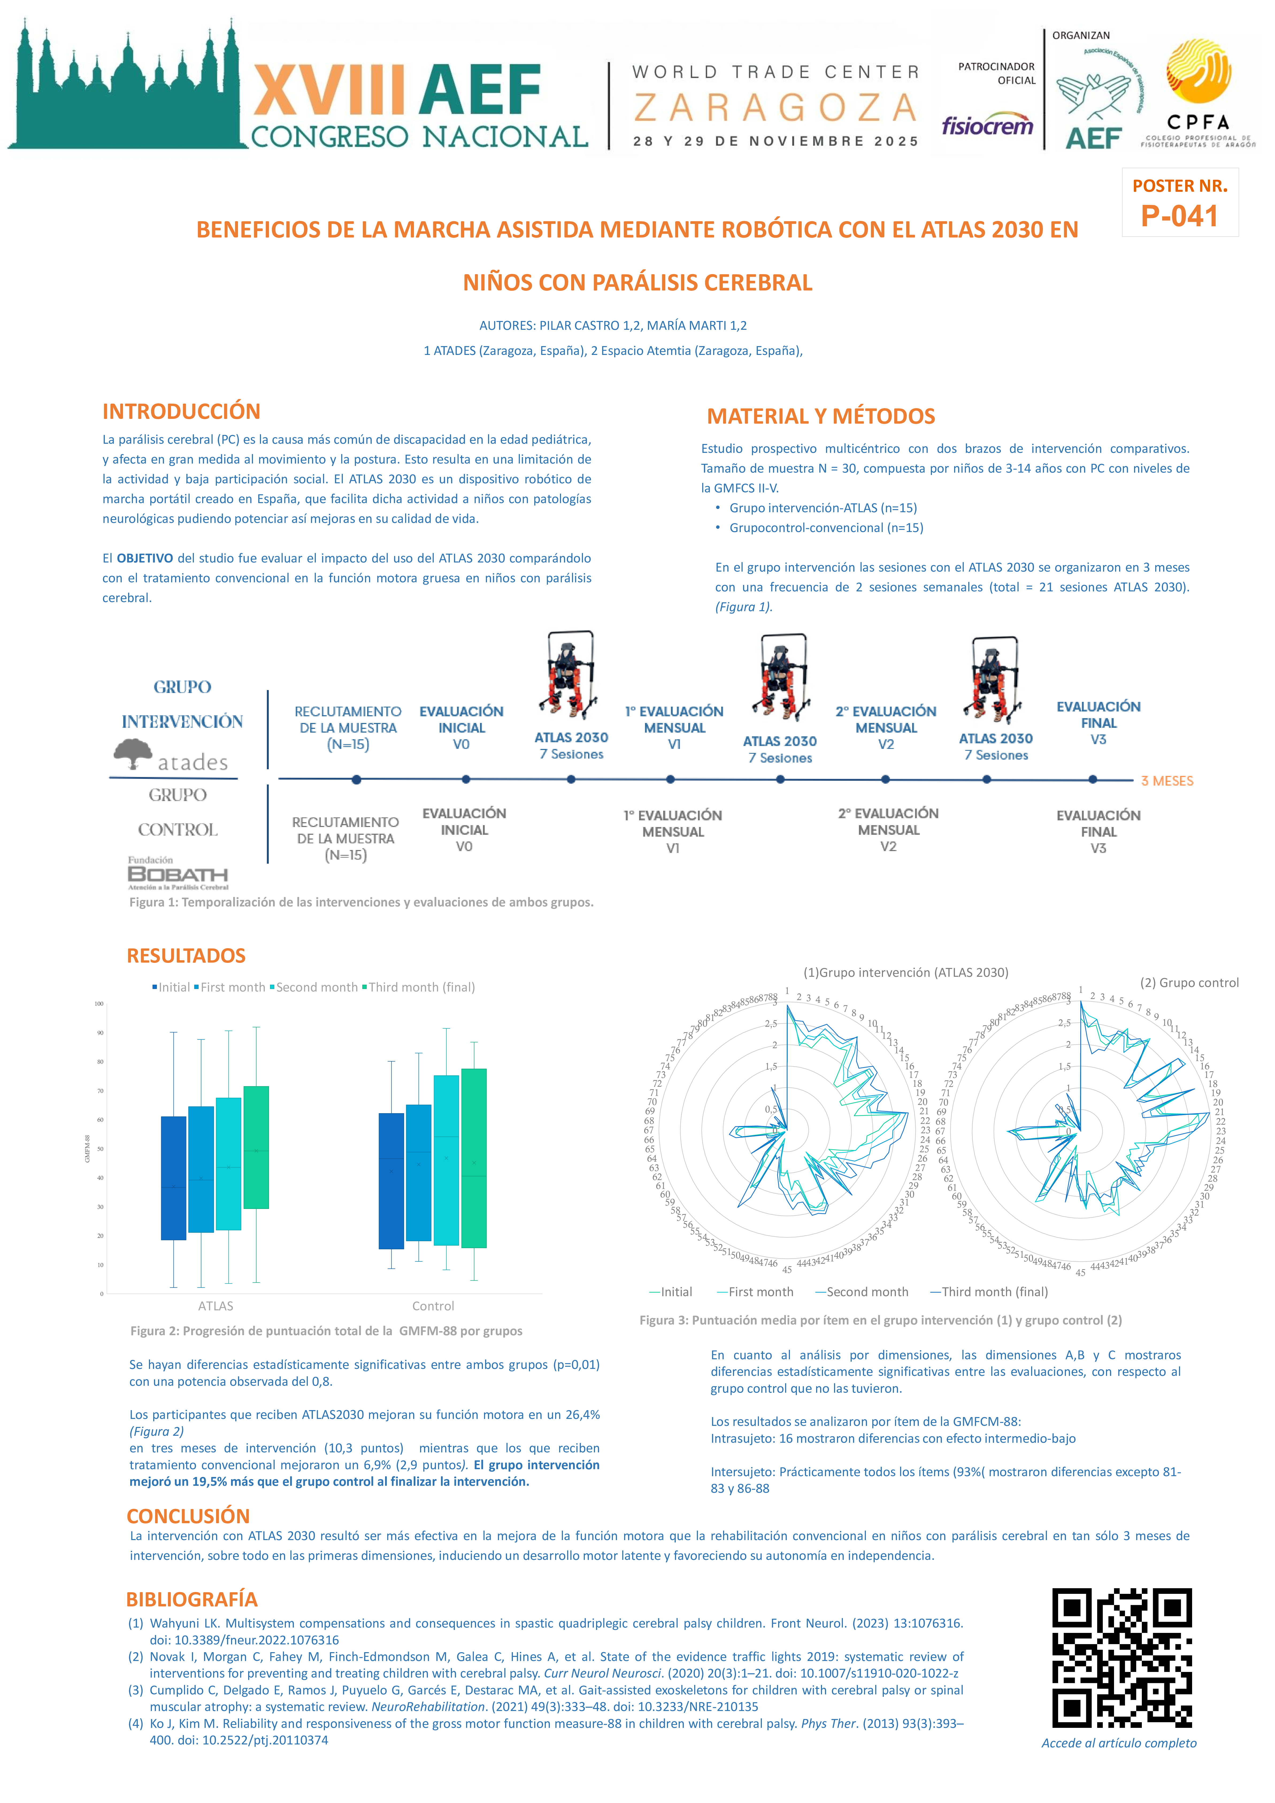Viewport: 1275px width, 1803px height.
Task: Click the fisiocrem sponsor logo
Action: tap(987, 126)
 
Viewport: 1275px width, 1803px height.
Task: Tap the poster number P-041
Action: tap(1179, 216)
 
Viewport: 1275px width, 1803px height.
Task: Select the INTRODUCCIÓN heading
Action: tap(181, 411)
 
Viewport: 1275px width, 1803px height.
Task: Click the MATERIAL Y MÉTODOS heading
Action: tap(820, 416)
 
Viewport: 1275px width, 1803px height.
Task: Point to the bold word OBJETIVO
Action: tap(144, 558)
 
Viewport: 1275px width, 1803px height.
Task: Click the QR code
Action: tap(1122, 1657)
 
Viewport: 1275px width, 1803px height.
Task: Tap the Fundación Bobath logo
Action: tap(178, 873)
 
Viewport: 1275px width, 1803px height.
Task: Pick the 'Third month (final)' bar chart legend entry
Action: tap(418, 987)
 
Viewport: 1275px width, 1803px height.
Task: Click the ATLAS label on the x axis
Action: tap(216, 1306)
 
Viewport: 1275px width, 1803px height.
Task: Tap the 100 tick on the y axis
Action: tap(99, 1004)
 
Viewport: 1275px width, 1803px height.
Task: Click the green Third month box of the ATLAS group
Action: tap(256, 1147)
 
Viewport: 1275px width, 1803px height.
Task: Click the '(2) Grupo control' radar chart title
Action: tap(1189, 982)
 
